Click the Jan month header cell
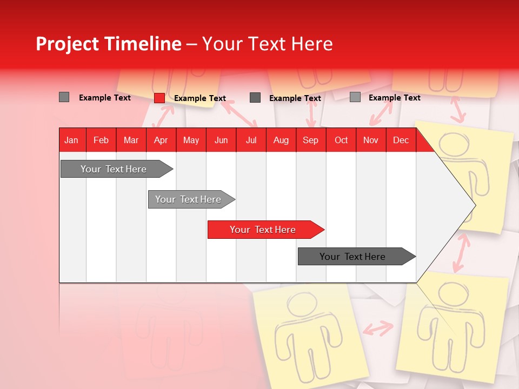(71, 140)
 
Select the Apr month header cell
(161, 140)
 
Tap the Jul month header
(251, 140)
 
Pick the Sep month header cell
(310, 140)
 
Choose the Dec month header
(401, 140)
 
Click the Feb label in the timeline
(101, 140)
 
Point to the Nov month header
(371, 140)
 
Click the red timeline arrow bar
(265, 230)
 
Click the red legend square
(159, 98)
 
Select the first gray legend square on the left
(64, 97)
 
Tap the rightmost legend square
(355, 97)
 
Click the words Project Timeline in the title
(109, 44)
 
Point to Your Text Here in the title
(267, 44)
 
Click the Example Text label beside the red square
(199, 98)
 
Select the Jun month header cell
(221, 140)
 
